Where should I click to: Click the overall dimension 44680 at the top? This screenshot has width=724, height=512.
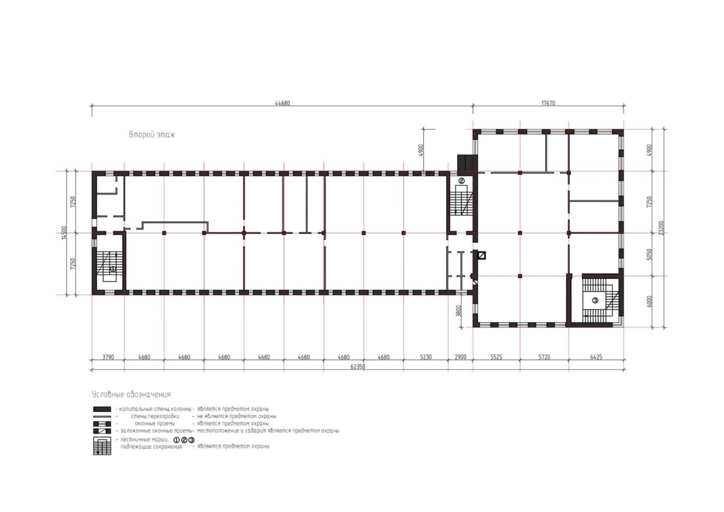click(x=282, y=103)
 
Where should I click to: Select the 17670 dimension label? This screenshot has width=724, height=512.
click(x=548, y=103)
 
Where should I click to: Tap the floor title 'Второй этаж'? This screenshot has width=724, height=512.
click(x=151, y=135)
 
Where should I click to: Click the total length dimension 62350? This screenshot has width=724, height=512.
click(x=358, y=367)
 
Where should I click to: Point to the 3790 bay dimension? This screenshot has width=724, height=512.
click(x=108, y=357)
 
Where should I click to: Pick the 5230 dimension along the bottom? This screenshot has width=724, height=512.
click(x=425, y=357)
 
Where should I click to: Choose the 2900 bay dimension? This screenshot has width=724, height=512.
click(x=461, y=357)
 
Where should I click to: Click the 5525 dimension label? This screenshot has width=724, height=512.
click(x=497, y=357)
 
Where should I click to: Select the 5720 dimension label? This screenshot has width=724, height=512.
click(x=544, y=357)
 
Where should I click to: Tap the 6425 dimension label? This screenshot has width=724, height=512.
click(x=596, y=357)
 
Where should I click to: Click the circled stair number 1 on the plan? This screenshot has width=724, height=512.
click(x=113, y=269)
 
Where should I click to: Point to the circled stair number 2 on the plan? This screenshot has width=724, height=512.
click(x=462, y=180)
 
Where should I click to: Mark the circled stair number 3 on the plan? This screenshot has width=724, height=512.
click(x=595, y=300)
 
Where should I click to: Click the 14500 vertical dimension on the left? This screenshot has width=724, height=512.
click(x=64, y=233)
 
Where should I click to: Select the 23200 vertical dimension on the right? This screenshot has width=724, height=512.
click(x=661, y=228)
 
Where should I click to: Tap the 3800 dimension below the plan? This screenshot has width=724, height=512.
click(x=459, y=311)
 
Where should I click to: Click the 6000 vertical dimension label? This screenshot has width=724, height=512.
click(x=650, y=302)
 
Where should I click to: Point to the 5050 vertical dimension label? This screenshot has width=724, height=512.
click(x=650, y=254)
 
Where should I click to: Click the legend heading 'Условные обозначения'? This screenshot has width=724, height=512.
click(x=131, y=395)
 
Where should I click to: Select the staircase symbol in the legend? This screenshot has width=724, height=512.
click(x=102, y=446)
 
